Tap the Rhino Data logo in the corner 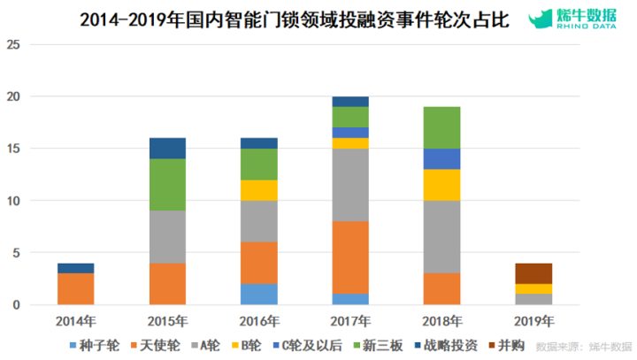coord(579,19)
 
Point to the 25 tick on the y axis coord(13,44)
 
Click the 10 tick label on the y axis coord(13,201)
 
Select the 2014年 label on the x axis coord(75,320)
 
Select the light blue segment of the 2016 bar coord(260,295)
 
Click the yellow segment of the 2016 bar coord(260,190)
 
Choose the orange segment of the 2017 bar coord(351,257)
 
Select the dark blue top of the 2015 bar coord(167,148)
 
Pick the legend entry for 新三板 coord(379,345)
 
